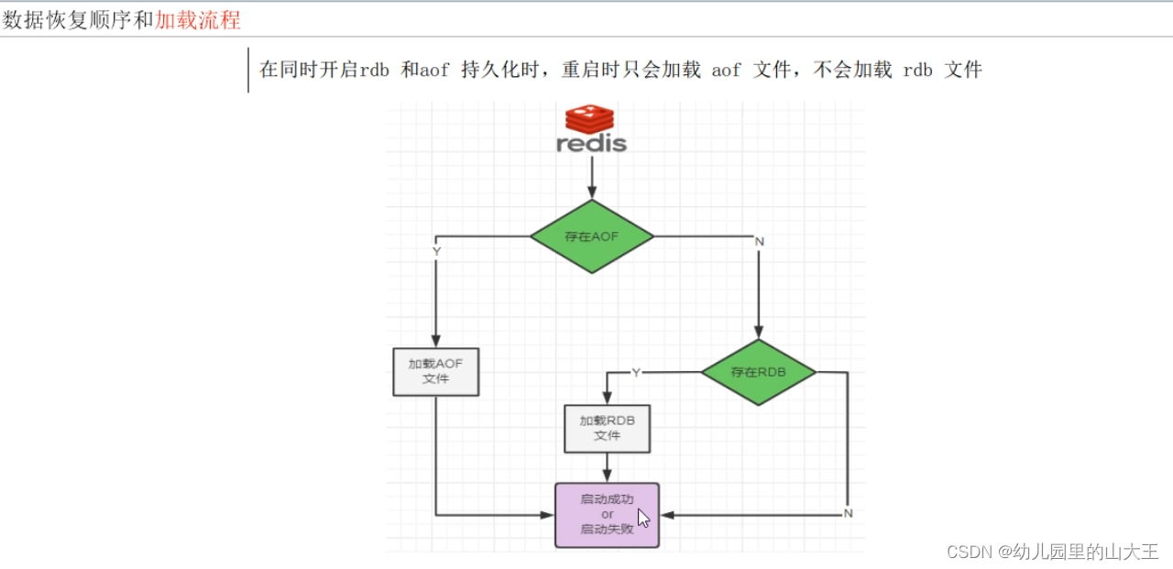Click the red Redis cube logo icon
(589, 119)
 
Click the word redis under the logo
(591, 144)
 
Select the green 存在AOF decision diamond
(592, 236)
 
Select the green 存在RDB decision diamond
(758, 372)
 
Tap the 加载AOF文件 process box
(435, 371)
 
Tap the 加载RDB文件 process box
(607, 428)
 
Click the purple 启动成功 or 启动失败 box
(607, 515)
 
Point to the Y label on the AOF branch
(436, 250)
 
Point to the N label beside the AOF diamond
(759, 241)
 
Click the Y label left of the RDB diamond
(636, 372)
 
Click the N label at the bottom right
(848, 513)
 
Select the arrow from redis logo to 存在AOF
(592, 178)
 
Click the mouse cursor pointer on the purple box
(643, 519)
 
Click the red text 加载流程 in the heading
(198, 20)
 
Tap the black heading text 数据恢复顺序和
(77, 20)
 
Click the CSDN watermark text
(1052, 552)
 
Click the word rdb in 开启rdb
(374, 70)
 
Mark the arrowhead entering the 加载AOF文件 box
(435, 342)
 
